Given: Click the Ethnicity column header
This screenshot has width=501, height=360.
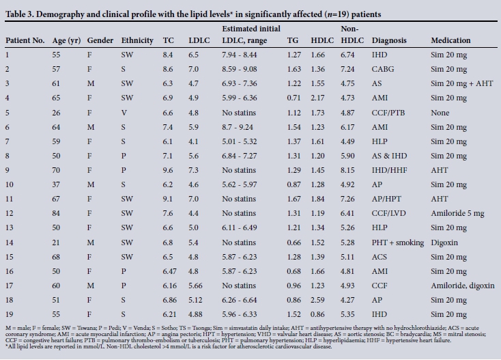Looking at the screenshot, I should pos(137,40).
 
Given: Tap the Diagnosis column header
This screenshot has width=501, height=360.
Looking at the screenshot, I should pos(390,40).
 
